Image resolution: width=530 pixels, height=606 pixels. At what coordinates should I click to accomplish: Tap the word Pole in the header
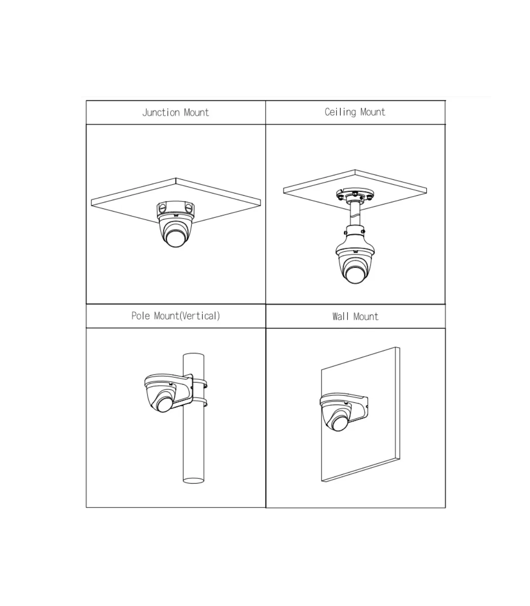140,316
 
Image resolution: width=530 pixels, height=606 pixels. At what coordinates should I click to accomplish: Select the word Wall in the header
340,317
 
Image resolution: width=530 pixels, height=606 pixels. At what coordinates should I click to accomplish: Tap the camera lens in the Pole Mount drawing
164,405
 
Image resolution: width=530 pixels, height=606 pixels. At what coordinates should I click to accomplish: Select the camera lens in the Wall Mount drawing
339,424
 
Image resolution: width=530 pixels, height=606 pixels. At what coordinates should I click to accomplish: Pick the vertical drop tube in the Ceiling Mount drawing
355,213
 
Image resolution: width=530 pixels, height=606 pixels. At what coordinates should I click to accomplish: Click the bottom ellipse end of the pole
193,480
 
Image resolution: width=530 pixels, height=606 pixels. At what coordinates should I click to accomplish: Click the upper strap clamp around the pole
200,383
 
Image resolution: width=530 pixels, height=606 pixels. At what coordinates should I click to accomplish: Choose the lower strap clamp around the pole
200,402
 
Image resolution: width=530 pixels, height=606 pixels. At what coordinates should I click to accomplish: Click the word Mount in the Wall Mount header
366,317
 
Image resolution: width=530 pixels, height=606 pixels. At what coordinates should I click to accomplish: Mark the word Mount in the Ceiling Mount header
373,112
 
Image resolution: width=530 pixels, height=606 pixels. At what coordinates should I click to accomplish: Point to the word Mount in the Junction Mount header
197,113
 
